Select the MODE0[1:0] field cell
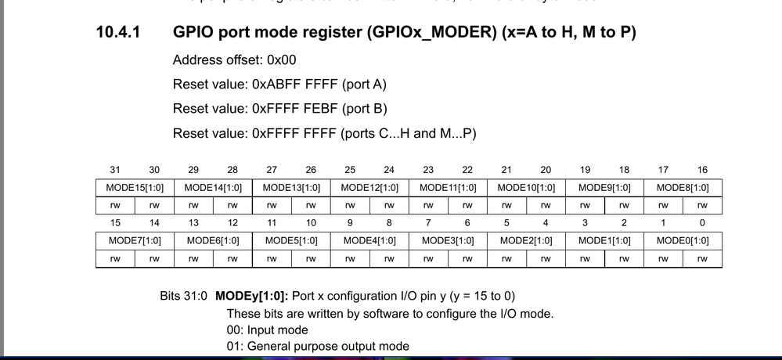pyautogui.click(x=683, y=240)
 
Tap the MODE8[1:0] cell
pyautogui.click(x=683, y=188)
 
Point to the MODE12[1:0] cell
pyautogui.click(x=369, y=188)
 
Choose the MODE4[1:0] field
pyautogui.click(x=369, y=240)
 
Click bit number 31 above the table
pyautogui.click(x=115, y=170)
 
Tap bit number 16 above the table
pyautogui.click(x=702, y=170)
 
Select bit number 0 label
pyautogui.click(x=702, y=223)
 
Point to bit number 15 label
pyautogui.click(x=115, y=223)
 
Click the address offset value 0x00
pyautogui.click(x=282, y=60)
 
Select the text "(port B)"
pyautogui.click(x=363, y=109)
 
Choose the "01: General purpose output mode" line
pyautogui.click(x=318, y=347)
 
